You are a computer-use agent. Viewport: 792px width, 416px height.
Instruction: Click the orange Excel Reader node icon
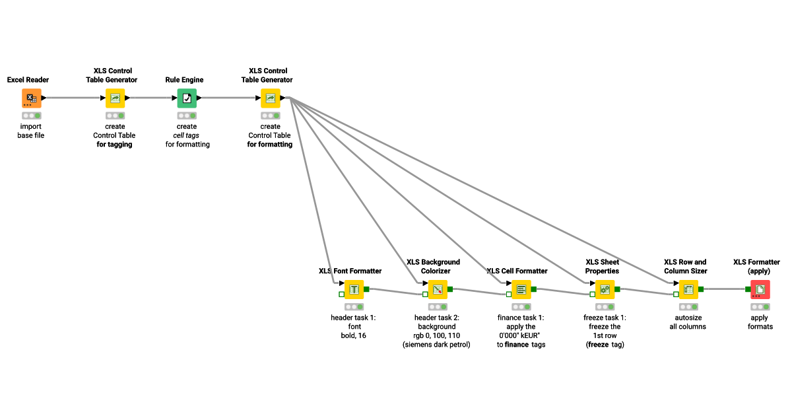(x=32, y=98)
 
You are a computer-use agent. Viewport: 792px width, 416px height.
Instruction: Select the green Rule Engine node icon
(x=187, y=98)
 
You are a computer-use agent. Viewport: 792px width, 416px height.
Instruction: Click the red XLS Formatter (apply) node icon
(x=760, y=289)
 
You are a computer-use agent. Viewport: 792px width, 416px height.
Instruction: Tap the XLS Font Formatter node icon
(x=354, y=289)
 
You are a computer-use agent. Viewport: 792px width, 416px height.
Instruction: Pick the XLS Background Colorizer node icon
(x=438, y=289)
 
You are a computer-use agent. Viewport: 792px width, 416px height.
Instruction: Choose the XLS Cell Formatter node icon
(x=521, y=289)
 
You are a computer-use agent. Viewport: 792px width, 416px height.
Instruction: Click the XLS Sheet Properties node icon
(x=605, y=289)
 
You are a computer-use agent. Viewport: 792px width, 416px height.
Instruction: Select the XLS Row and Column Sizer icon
(x=688, y=289)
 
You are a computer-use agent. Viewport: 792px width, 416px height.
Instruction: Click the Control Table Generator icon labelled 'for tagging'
(x=115, y=98)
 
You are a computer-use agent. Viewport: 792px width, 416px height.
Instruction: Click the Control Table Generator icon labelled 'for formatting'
(x=270, y=98)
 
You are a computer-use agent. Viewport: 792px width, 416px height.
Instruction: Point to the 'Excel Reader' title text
(x=28, y=80)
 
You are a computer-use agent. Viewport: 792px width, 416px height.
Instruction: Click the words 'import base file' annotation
(x=30, y=131)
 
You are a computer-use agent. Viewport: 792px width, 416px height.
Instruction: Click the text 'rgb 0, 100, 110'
(x=436, y=335)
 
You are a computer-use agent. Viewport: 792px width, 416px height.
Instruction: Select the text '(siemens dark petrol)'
(x=436, y=345)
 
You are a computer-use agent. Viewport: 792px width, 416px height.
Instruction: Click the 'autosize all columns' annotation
(x=687, y=322)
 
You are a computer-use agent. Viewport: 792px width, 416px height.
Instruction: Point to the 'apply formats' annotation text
(x=760, y=322)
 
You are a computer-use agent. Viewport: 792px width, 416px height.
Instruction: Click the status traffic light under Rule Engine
(x=187, y=116)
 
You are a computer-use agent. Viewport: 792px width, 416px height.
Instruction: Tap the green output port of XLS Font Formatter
(x=367, y=289)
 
